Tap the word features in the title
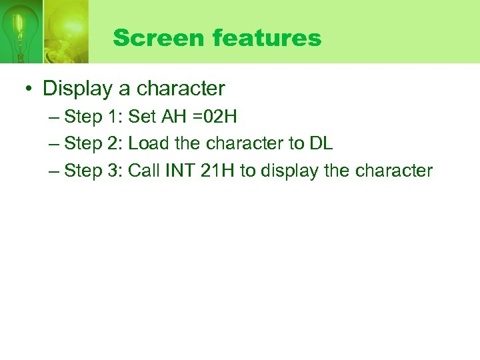[267, 38]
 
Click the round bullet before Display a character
[31, 89]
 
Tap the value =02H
[213, 117]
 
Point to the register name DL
[321, 144]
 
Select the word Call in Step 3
[143, 171]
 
